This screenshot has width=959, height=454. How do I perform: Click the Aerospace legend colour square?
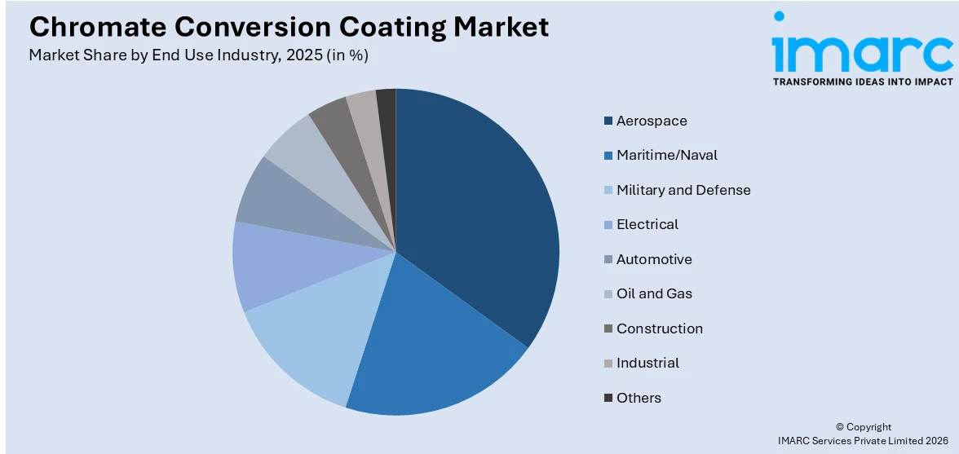(x=608, y=121)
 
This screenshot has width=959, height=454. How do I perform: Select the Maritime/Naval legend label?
(x=667, y=155)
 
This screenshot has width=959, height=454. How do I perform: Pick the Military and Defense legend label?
(x=683, y=190)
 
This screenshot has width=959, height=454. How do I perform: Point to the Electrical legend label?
(x=647, y=224)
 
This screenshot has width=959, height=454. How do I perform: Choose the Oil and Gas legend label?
(x=654, y=293)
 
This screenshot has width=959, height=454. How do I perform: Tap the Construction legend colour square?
(x=608, y=328)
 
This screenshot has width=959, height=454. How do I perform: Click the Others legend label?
(x=639, y=398)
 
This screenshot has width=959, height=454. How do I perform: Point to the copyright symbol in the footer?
(x=840, y=427)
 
